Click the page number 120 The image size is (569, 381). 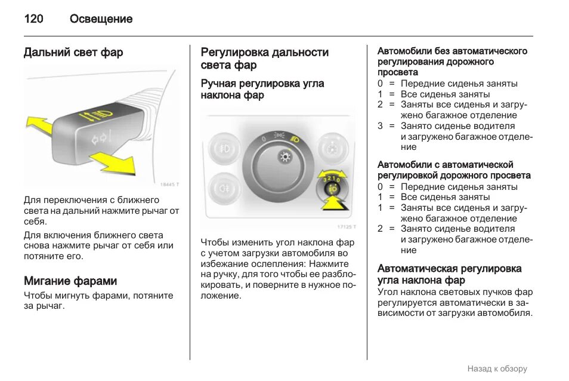[33, 19]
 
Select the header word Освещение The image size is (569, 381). [101, 19]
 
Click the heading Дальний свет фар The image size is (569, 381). [73, 53]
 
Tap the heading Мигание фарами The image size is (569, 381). [70, 281]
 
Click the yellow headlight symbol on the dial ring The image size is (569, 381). [295, 139]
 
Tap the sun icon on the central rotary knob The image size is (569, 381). [284, 158]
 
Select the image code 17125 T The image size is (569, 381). [346, 227]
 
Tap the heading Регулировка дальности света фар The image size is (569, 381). [264, 59]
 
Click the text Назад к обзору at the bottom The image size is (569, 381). [497, 368]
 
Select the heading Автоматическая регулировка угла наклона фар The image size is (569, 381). [449, 274]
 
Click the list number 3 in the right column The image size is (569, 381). [380, 126]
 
